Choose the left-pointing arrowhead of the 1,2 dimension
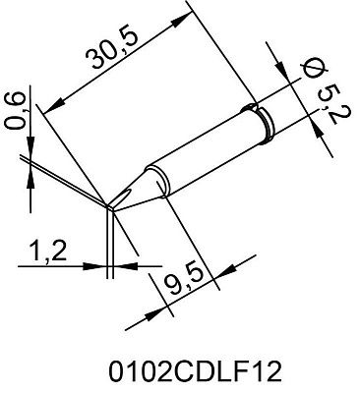tap(122, 263)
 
